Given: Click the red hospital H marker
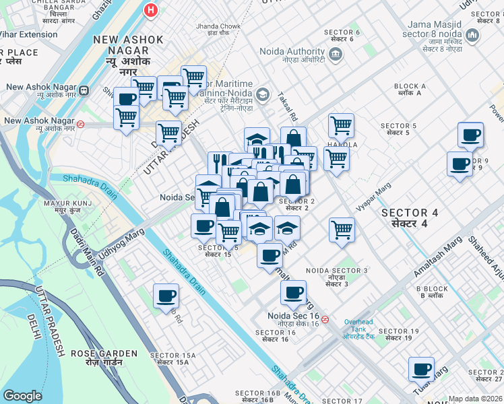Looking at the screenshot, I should coord(152,10).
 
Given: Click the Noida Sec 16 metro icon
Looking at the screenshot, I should coord(325,319).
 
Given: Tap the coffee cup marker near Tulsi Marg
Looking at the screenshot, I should coord(422,370).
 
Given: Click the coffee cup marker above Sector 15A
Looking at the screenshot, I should coord(166,296).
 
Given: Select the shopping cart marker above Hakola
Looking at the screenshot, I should coord(342,125).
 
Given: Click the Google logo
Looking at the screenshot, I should coord(23,396).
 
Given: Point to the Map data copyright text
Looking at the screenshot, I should coord(476,399).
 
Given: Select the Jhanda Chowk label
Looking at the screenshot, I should coord(214,29).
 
